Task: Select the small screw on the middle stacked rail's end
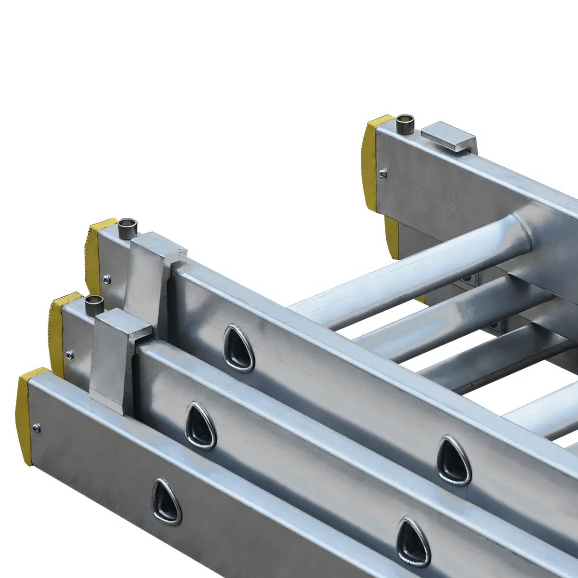tap(70, 355)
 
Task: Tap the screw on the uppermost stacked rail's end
tap(106, 277)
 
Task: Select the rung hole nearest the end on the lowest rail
tap(167, 501)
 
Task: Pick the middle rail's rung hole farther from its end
tap(453, 460)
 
